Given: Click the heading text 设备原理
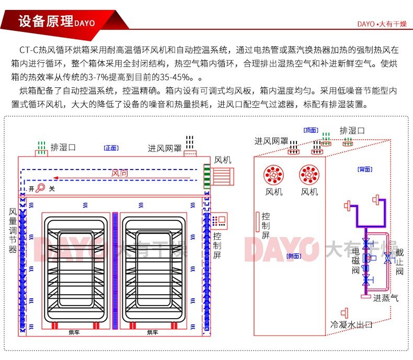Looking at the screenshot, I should tap(45, 21).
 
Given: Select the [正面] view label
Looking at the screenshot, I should tap(111, 148).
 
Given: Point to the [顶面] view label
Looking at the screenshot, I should tap(311, 130).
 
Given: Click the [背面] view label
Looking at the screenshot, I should tap(365, 169).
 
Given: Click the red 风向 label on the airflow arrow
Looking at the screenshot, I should tap(120, 173).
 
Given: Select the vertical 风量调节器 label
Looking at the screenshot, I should tap(13, 231).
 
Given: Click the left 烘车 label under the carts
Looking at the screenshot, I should tap(74, 332).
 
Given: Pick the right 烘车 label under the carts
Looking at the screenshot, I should tap(152, 332).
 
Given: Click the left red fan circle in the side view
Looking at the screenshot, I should tap(273, 174).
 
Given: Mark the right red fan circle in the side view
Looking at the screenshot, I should tap(309, 174).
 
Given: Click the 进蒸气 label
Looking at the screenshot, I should tap(386, 298).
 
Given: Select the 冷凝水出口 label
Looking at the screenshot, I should tap(351, 325).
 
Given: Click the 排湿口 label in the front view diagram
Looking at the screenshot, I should tap(63, 147).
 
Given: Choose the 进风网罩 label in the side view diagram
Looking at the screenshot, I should tap(271, 141).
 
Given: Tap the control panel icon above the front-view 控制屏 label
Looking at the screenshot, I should tap(219, 219).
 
